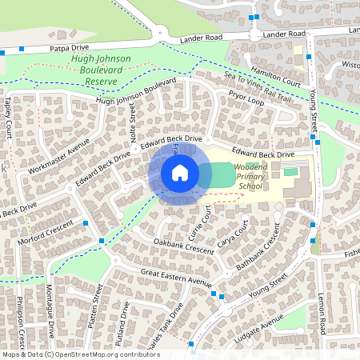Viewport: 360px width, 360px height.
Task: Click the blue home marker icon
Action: tap(180, 173)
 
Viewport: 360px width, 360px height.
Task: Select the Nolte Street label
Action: tap(134, 125)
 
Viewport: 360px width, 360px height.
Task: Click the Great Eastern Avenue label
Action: tap(176, 278)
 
